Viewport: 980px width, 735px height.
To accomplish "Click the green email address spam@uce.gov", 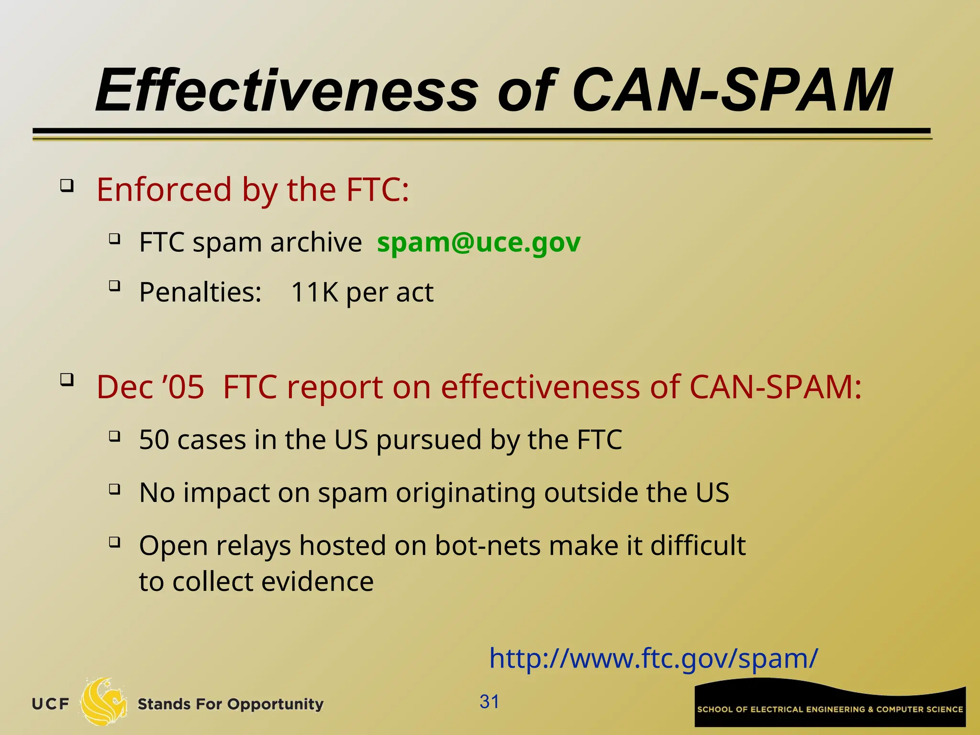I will tap(479, 242).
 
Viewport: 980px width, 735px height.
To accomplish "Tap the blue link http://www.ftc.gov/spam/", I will tap(653, 658).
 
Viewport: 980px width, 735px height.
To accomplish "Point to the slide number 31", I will tap(489, 702).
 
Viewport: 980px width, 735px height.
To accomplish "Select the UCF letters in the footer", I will tap(50, 704).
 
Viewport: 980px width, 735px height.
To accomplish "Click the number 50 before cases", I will tap(154, 439).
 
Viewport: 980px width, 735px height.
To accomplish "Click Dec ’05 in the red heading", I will tap(150, 387).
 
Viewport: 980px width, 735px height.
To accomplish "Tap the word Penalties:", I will tap(200, 292).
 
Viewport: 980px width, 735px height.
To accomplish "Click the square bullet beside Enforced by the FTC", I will tap(67, 185).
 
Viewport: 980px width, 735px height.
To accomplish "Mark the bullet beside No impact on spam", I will tap(114, 489).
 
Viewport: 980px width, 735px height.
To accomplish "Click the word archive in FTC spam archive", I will tap(316, 242).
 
